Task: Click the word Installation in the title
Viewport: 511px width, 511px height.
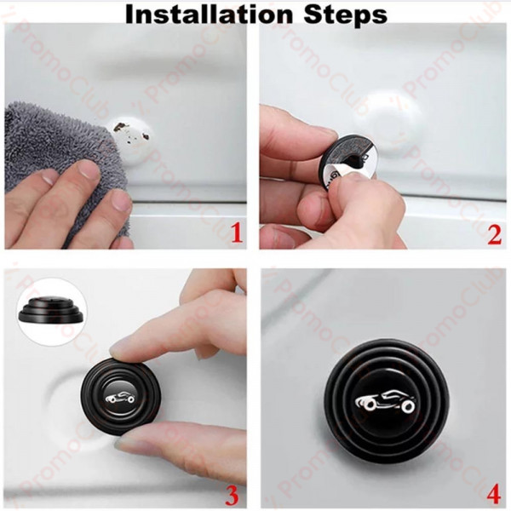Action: click(x=209, y=14)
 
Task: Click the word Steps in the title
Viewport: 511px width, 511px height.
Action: click(x=346, y=15)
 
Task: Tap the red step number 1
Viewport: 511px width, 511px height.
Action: click(x=237, y=233)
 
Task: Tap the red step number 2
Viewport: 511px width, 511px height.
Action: click(x=494, y=234)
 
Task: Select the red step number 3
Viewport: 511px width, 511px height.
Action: click(x=232, y=495)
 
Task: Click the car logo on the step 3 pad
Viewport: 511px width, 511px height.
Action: click(x=121, y=397)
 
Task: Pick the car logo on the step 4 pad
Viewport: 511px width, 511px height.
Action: click(x=386, y=400)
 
